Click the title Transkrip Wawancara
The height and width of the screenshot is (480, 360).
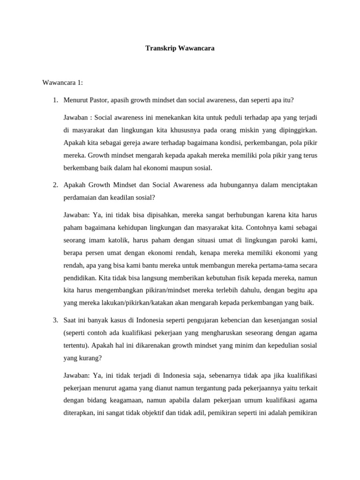pyautogui.click(x=180, y=48)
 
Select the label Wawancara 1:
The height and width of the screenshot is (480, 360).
pyautogui.click(x=62, y=82)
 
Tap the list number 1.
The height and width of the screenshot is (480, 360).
pyautogui.click(x=55, y=99)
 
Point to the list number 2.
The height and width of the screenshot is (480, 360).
pyautogui.click(x=55, y=185)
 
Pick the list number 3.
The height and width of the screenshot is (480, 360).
pyautogui.click(x=55, y=320)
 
